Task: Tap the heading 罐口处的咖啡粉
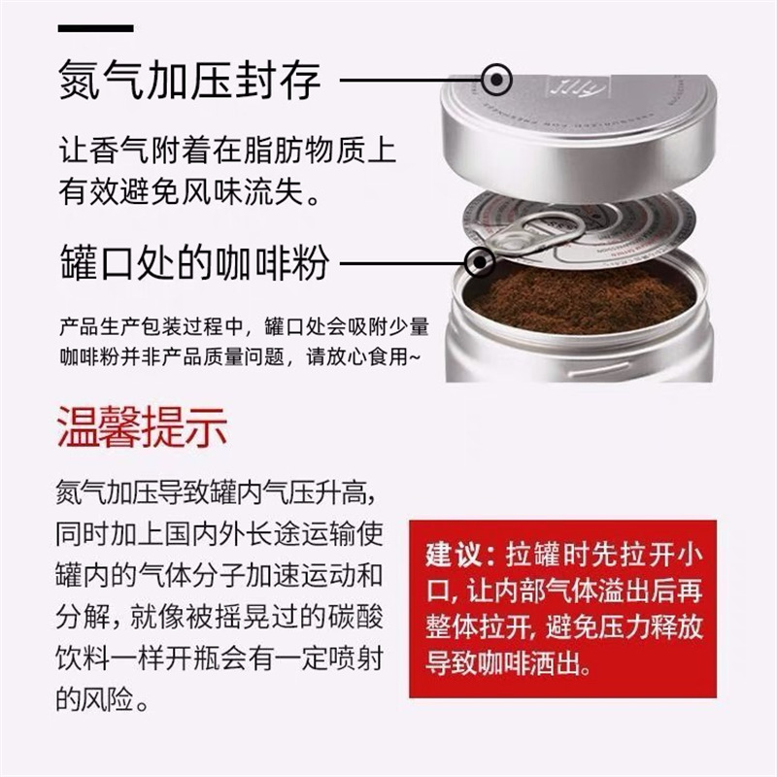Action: point(193,262)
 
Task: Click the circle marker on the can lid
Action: point(497,79)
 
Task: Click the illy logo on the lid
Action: point(562,86)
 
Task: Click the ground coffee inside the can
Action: point(583,295)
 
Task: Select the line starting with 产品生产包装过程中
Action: point(243,323)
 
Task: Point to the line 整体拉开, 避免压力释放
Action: point(562,627)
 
